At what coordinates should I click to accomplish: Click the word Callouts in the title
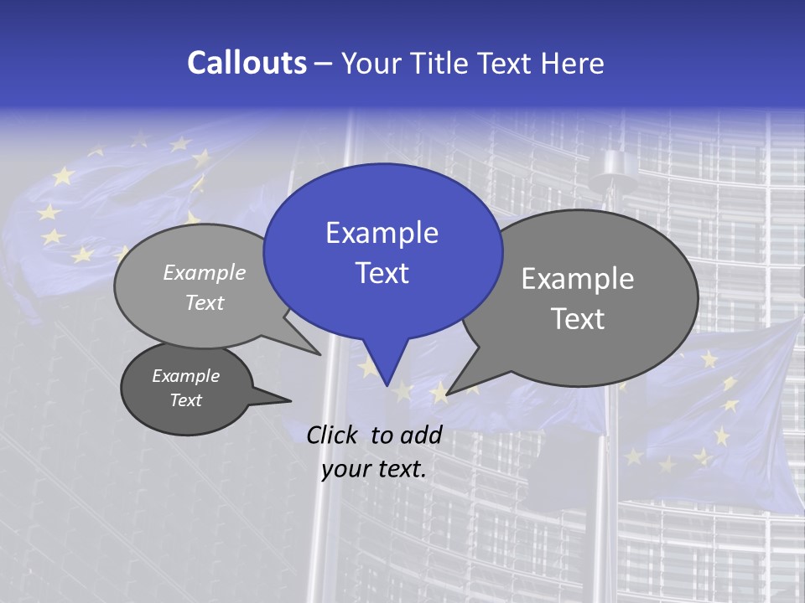click(247, 63)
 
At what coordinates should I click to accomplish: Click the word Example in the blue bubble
click(382, 233)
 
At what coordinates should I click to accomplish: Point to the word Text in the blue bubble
click(382, 273)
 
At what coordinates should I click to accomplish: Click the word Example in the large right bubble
click(578, 279)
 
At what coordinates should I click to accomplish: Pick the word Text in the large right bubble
click(578, 319)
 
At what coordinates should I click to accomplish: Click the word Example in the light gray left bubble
click(205, 272)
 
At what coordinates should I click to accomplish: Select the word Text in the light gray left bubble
click(205, 302)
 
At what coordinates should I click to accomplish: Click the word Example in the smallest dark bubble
click(185, 376)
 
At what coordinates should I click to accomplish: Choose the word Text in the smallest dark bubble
click(185, 400)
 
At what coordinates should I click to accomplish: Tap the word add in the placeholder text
click(421, 435)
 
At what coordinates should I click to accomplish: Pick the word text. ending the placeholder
click(400, 469)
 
